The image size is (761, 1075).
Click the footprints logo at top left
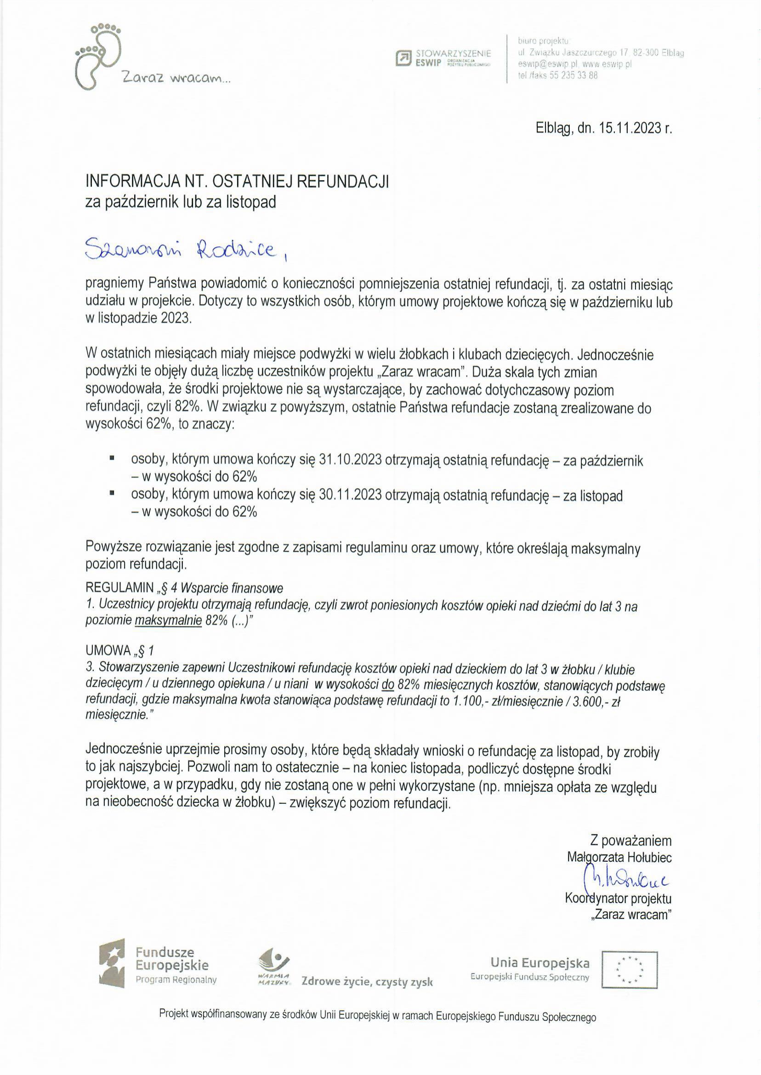point(99,56)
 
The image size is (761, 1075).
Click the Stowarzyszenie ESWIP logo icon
point(403,58)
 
